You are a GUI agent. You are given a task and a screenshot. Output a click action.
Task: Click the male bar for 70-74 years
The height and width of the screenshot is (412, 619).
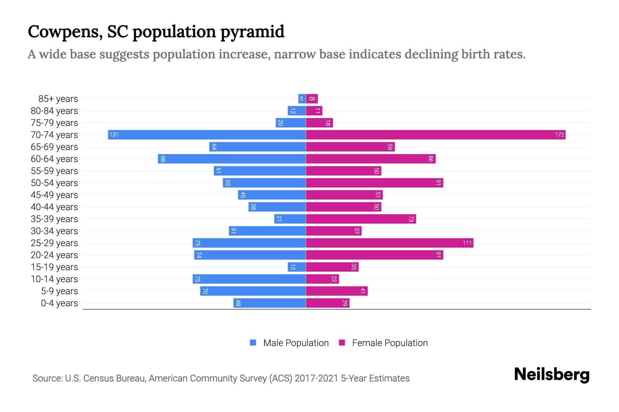207,135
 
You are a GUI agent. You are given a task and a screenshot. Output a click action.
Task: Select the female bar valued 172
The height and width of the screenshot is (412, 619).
435,135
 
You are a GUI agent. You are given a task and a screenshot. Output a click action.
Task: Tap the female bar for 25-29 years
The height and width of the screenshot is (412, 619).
389,243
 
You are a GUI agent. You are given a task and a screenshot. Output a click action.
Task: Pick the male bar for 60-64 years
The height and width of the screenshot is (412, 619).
232,159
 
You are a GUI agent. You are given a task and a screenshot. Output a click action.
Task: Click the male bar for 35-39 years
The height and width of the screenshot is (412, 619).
290,219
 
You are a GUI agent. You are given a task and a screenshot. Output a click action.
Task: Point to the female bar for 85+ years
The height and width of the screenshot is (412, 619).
312,99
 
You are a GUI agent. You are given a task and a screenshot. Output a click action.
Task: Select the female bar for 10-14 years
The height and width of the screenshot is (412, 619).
322,279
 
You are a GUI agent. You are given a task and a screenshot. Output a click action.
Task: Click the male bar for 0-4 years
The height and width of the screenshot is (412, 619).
269,303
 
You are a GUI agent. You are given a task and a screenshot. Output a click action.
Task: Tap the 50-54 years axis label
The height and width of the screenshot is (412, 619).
54,183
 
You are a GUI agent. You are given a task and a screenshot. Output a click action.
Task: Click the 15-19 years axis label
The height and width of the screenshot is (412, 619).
54,267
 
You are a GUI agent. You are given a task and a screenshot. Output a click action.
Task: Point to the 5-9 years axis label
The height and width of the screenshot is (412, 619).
59,291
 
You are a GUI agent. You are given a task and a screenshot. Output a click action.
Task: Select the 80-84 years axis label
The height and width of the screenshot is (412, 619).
54,111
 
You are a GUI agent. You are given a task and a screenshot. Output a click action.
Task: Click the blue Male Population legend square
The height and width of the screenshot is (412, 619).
253,343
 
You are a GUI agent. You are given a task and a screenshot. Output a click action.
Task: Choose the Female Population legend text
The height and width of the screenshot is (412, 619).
390,343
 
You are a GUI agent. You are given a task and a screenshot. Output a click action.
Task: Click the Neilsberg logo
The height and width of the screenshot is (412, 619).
552,375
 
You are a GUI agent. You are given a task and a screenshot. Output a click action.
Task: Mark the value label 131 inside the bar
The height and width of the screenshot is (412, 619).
114,135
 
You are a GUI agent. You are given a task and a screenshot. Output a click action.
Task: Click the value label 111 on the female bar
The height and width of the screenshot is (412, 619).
467,243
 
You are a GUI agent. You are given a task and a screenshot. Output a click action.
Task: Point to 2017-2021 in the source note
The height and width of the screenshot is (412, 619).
316,378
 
